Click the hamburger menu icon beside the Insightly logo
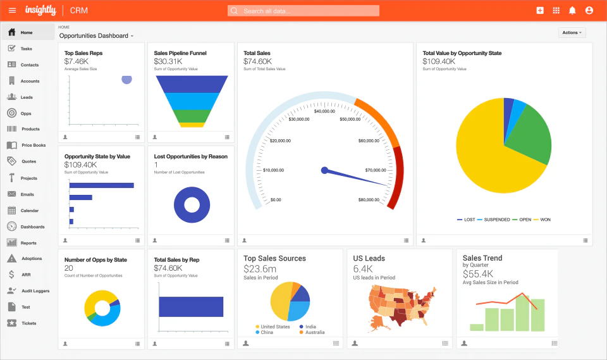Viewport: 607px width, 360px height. coord(13,11)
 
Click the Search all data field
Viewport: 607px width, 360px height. coord(303,11)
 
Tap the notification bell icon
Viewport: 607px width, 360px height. coord(572,11)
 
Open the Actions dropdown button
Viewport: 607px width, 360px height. coord(572,32)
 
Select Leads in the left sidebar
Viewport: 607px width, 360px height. coord(27,97)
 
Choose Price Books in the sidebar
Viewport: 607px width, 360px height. coord(33,146)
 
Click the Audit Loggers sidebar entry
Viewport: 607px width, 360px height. coord(35,291)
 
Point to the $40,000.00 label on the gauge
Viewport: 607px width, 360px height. coord(324,111)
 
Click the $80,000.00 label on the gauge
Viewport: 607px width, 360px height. coord(369,200)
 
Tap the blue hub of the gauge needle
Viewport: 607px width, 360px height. coord(324,170)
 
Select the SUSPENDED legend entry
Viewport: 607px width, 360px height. coord(496,220)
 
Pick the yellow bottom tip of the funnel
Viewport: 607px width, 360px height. coord(192,125)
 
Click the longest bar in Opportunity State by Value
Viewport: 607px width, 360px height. coord(101,185)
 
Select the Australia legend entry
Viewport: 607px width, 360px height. coord(314,332)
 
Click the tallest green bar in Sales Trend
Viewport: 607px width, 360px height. coord(522,313)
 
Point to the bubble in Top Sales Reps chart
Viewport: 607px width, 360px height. coord(126,79)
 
